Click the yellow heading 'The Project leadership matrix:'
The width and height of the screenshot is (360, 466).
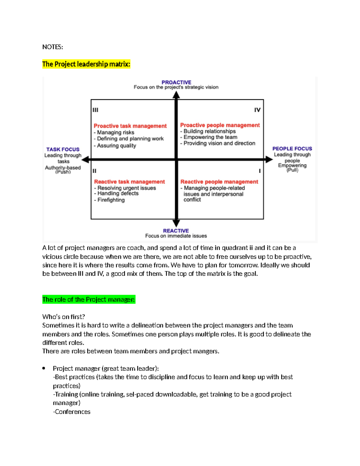(x=86, y=64)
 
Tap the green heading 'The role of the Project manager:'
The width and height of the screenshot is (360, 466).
(x=89, y=299)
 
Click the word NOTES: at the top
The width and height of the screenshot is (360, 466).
(x=52, y=47)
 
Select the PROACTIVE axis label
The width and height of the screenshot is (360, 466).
(x=176, y=82)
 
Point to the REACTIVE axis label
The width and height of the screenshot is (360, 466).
(x=176, y=231)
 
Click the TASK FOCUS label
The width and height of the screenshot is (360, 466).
(x=63, y=149)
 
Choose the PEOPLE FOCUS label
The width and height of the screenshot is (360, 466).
(x=292, y=149)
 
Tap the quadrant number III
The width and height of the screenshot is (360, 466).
(x=95, y=110)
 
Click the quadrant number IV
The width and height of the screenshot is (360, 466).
(x=257, y=110)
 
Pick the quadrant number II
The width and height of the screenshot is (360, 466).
(x=94, y=171)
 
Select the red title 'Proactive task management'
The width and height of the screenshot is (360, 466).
(x=130, y=126)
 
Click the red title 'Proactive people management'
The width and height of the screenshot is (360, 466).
(x=220, y=125)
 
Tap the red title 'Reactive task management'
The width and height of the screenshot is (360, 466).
(x=129, y=182)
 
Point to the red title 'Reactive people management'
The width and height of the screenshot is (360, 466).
(x=219, y=182)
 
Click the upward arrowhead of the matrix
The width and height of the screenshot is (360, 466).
(x=176, y=95)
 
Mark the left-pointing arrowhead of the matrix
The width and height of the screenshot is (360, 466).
(x=85, y=160)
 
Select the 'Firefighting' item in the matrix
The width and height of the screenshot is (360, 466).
(x=111, y=200)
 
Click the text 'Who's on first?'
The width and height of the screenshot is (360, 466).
(x=64, y=317)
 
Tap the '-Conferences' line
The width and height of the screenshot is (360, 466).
(x=72, y=412)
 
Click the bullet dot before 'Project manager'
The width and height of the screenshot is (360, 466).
(x=44, y=368)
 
